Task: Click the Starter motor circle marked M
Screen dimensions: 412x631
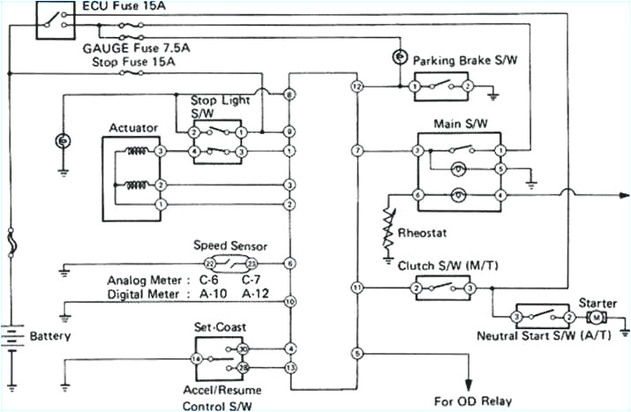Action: coord(597,316)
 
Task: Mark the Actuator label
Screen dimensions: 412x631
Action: coord(132,128)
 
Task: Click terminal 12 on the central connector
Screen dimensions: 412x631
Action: coord(357,87)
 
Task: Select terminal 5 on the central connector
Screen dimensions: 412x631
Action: coord(357,354)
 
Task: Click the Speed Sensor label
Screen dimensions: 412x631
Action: coord(229,245)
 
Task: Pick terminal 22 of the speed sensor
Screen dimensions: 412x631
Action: coord(209,263)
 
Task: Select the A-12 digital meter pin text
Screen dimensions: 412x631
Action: coord(256,294)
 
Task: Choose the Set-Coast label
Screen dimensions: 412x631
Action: coord(215,326)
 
